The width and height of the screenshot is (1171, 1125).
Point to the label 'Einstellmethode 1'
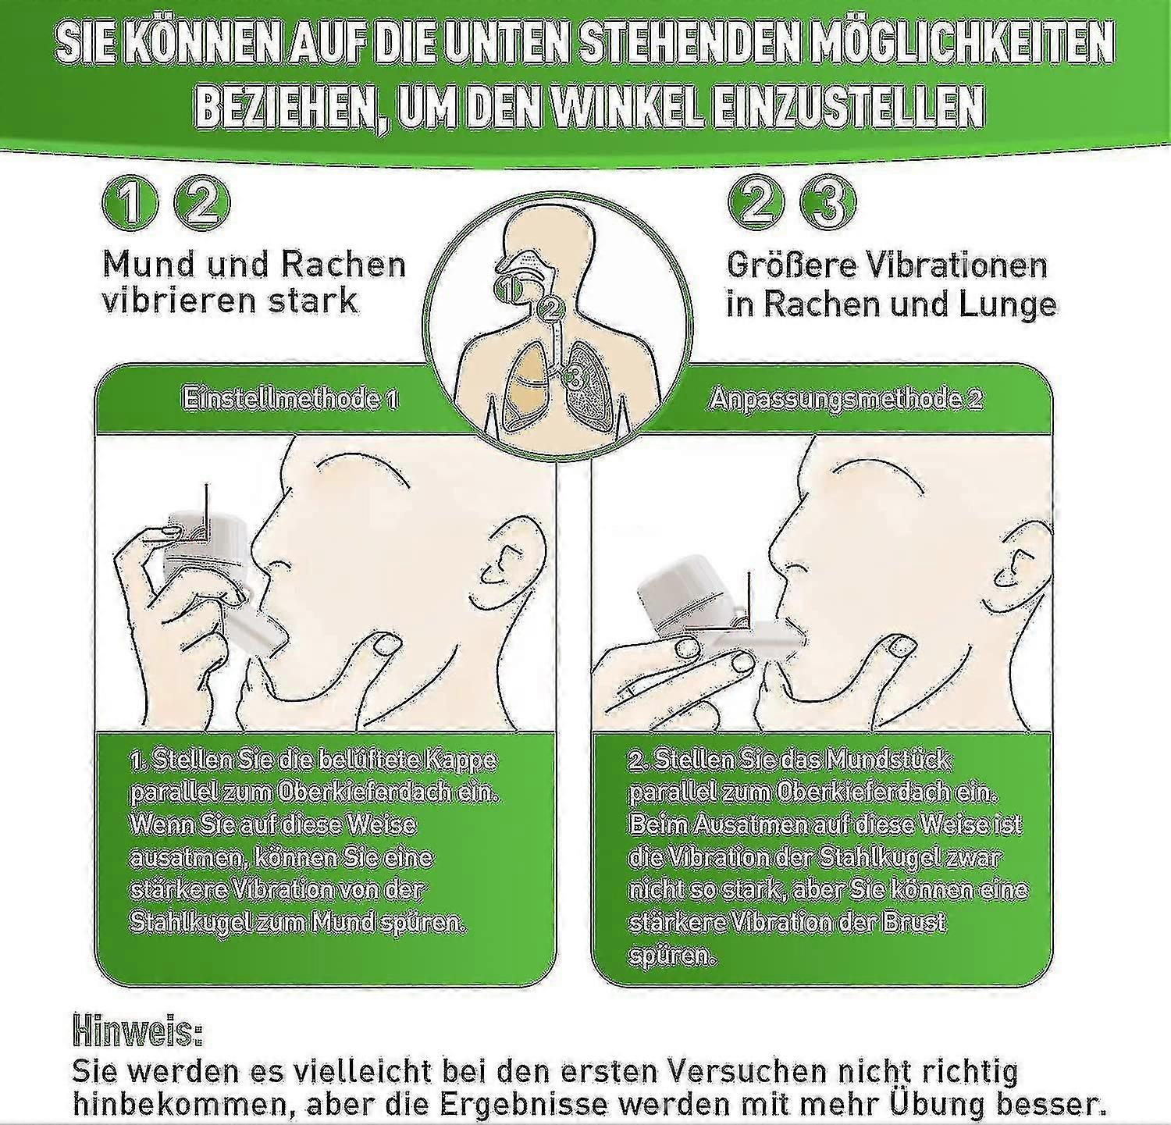(x=290, y=399)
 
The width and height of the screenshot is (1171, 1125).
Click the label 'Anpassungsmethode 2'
(x=845, y=399)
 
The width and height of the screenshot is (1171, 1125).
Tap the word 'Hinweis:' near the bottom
(x=137, y=1031)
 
